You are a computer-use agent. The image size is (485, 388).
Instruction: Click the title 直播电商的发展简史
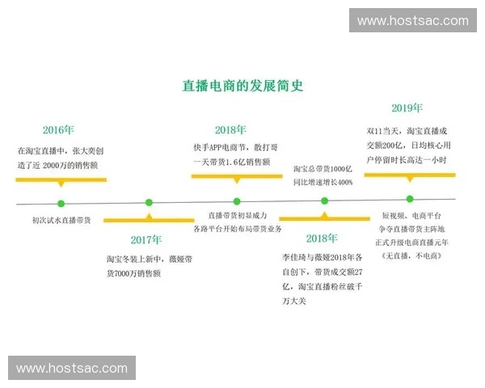pyautogui.click(x=242, y=84)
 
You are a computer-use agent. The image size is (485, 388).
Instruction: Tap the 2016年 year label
pyautogui.click(x=58, y=129)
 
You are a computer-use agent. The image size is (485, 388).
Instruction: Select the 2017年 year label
pyautogui.click(x=146, y=239)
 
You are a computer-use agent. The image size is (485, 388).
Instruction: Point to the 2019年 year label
pyautogui.click(x=407, y=108)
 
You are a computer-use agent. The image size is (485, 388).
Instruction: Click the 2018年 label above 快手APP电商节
pyautogui.click(x=231, y=129)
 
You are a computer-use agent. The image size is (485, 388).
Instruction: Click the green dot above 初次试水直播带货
pyautogui.click(x=61, y=203)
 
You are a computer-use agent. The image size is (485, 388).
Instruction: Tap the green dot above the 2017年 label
pyautogui.click(x=149, y=202)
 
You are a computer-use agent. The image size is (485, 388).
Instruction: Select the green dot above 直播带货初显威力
pyautogui.click(x=237, y=201)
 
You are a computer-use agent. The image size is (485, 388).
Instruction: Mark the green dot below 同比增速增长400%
pyautogui.click(x=324, y=200)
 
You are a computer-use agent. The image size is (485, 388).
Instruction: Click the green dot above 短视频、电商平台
pyautogui.click(x=410, y=199)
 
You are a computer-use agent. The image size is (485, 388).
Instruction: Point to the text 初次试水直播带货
pyautogui.click(x=61, y=219)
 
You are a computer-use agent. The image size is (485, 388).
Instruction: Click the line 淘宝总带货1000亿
pyautogui.click(x=323, y=168)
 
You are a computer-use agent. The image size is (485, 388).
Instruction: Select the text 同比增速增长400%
pyautogui.click(x=323, y=182)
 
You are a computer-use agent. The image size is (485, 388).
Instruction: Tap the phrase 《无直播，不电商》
pyautogui.click(x=413, y=255)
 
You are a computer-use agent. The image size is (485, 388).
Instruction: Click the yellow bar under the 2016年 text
pyautogui.click(x=61, y=179)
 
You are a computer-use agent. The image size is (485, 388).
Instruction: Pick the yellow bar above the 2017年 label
pyautogui.click(x=149, y=219)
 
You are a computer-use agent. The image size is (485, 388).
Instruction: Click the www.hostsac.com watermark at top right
pyautogui.click(x=412, y=20)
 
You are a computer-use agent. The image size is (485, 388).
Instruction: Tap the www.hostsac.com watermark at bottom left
pyautogui.click(x=72, y=368)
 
